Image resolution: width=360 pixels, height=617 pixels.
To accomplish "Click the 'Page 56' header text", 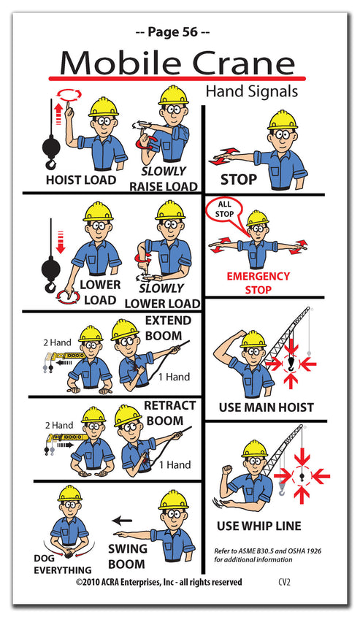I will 173,31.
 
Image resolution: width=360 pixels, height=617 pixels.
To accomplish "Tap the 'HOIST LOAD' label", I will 80,180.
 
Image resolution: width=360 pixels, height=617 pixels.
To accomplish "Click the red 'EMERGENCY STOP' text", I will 258,283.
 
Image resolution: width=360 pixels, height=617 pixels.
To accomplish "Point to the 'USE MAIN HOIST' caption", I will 266,407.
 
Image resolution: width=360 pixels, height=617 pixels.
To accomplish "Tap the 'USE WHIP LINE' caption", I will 258,525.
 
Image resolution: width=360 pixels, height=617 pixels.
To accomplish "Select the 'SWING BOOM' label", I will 128,556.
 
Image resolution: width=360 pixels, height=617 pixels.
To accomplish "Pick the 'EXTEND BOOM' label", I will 168,327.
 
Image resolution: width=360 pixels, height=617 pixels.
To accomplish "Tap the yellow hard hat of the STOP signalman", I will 282,119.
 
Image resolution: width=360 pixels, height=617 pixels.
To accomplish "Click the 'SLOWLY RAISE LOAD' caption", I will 164,179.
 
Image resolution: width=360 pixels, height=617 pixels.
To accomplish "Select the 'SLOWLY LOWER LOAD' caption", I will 162,296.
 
